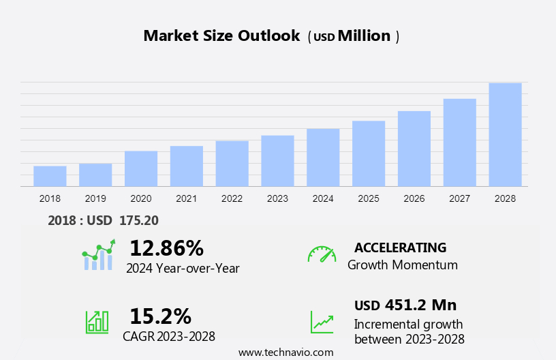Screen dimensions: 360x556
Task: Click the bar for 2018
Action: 50,176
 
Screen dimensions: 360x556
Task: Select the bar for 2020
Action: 141,168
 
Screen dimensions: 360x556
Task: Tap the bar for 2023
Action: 277,161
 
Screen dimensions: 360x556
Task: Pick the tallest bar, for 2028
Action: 505,134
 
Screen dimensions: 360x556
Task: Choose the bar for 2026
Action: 414,149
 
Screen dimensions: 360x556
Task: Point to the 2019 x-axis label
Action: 95,198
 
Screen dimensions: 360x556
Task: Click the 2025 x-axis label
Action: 369,198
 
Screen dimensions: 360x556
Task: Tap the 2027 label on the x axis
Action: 460,198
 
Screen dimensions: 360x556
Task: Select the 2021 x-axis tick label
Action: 186,198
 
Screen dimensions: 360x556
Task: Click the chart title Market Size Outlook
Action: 221,36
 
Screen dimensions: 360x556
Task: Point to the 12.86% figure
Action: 166,247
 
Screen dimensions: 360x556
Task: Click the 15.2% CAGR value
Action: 160,316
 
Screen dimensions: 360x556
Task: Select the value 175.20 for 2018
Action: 138,220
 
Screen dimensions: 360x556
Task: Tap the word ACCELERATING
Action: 400,247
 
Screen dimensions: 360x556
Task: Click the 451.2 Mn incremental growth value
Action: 420,305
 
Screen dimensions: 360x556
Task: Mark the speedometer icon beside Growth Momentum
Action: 322,254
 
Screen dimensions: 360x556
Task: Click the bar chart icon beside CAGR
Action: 97,321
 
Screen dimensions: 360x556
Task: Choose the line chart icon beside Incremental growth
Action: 322,321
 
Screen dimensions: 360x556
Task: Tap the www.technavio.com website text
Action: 285,352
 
